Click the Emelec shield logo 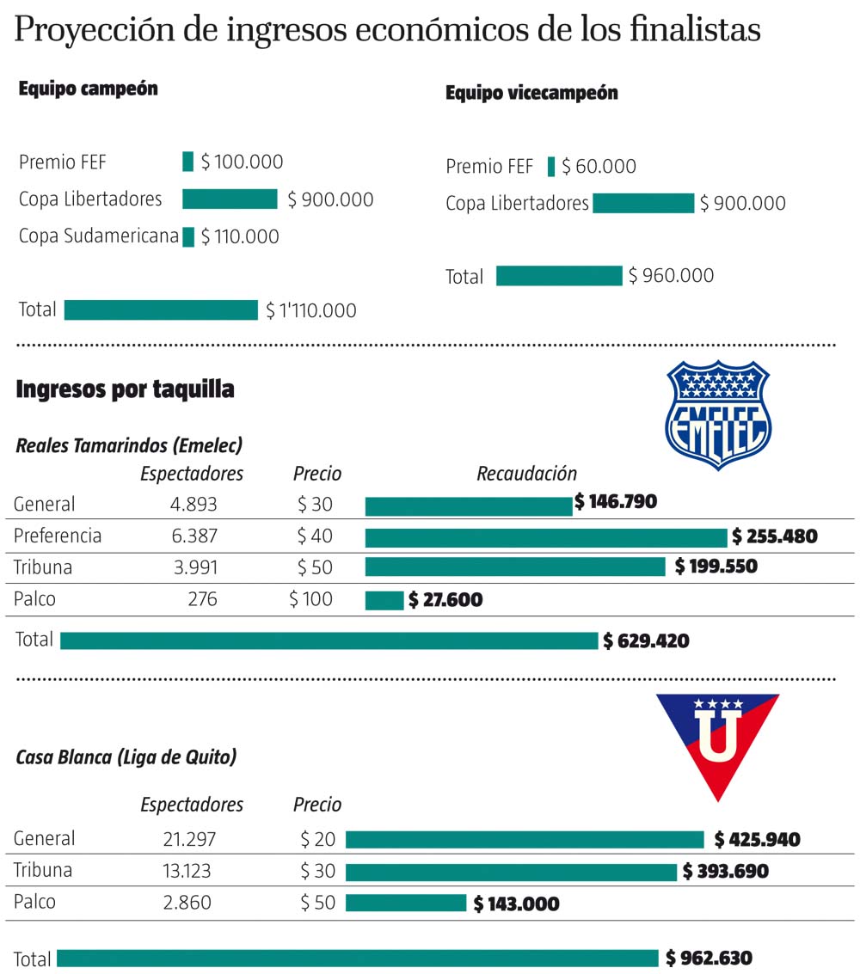point(718,414)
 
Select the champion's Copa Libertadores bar point(230,199)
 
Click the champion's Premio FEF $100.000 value point(242,162)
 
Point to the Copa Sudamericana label point(99,236)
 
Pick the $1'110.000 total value point(310,310)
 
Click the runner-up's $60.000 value point(599,167)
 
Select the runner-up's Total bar point(559,276)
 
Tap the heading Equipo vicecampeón point(531,93)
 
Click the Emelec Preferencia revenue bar point(546,537)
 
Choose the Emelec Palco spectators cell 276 point(202,599)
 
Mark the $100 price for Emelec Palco point(310,599)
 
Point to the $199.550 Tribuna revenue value point(716,567)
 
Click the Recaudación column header point(526,474)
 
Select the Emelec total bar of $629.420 point(329,640)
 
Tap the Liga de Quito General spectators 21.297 point(189,839)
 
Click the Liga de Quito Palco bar point(406,904)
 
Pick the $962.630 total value point(709,959)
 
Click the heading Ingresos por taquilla point(126,389)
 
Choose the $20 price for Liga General point(317,839)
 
